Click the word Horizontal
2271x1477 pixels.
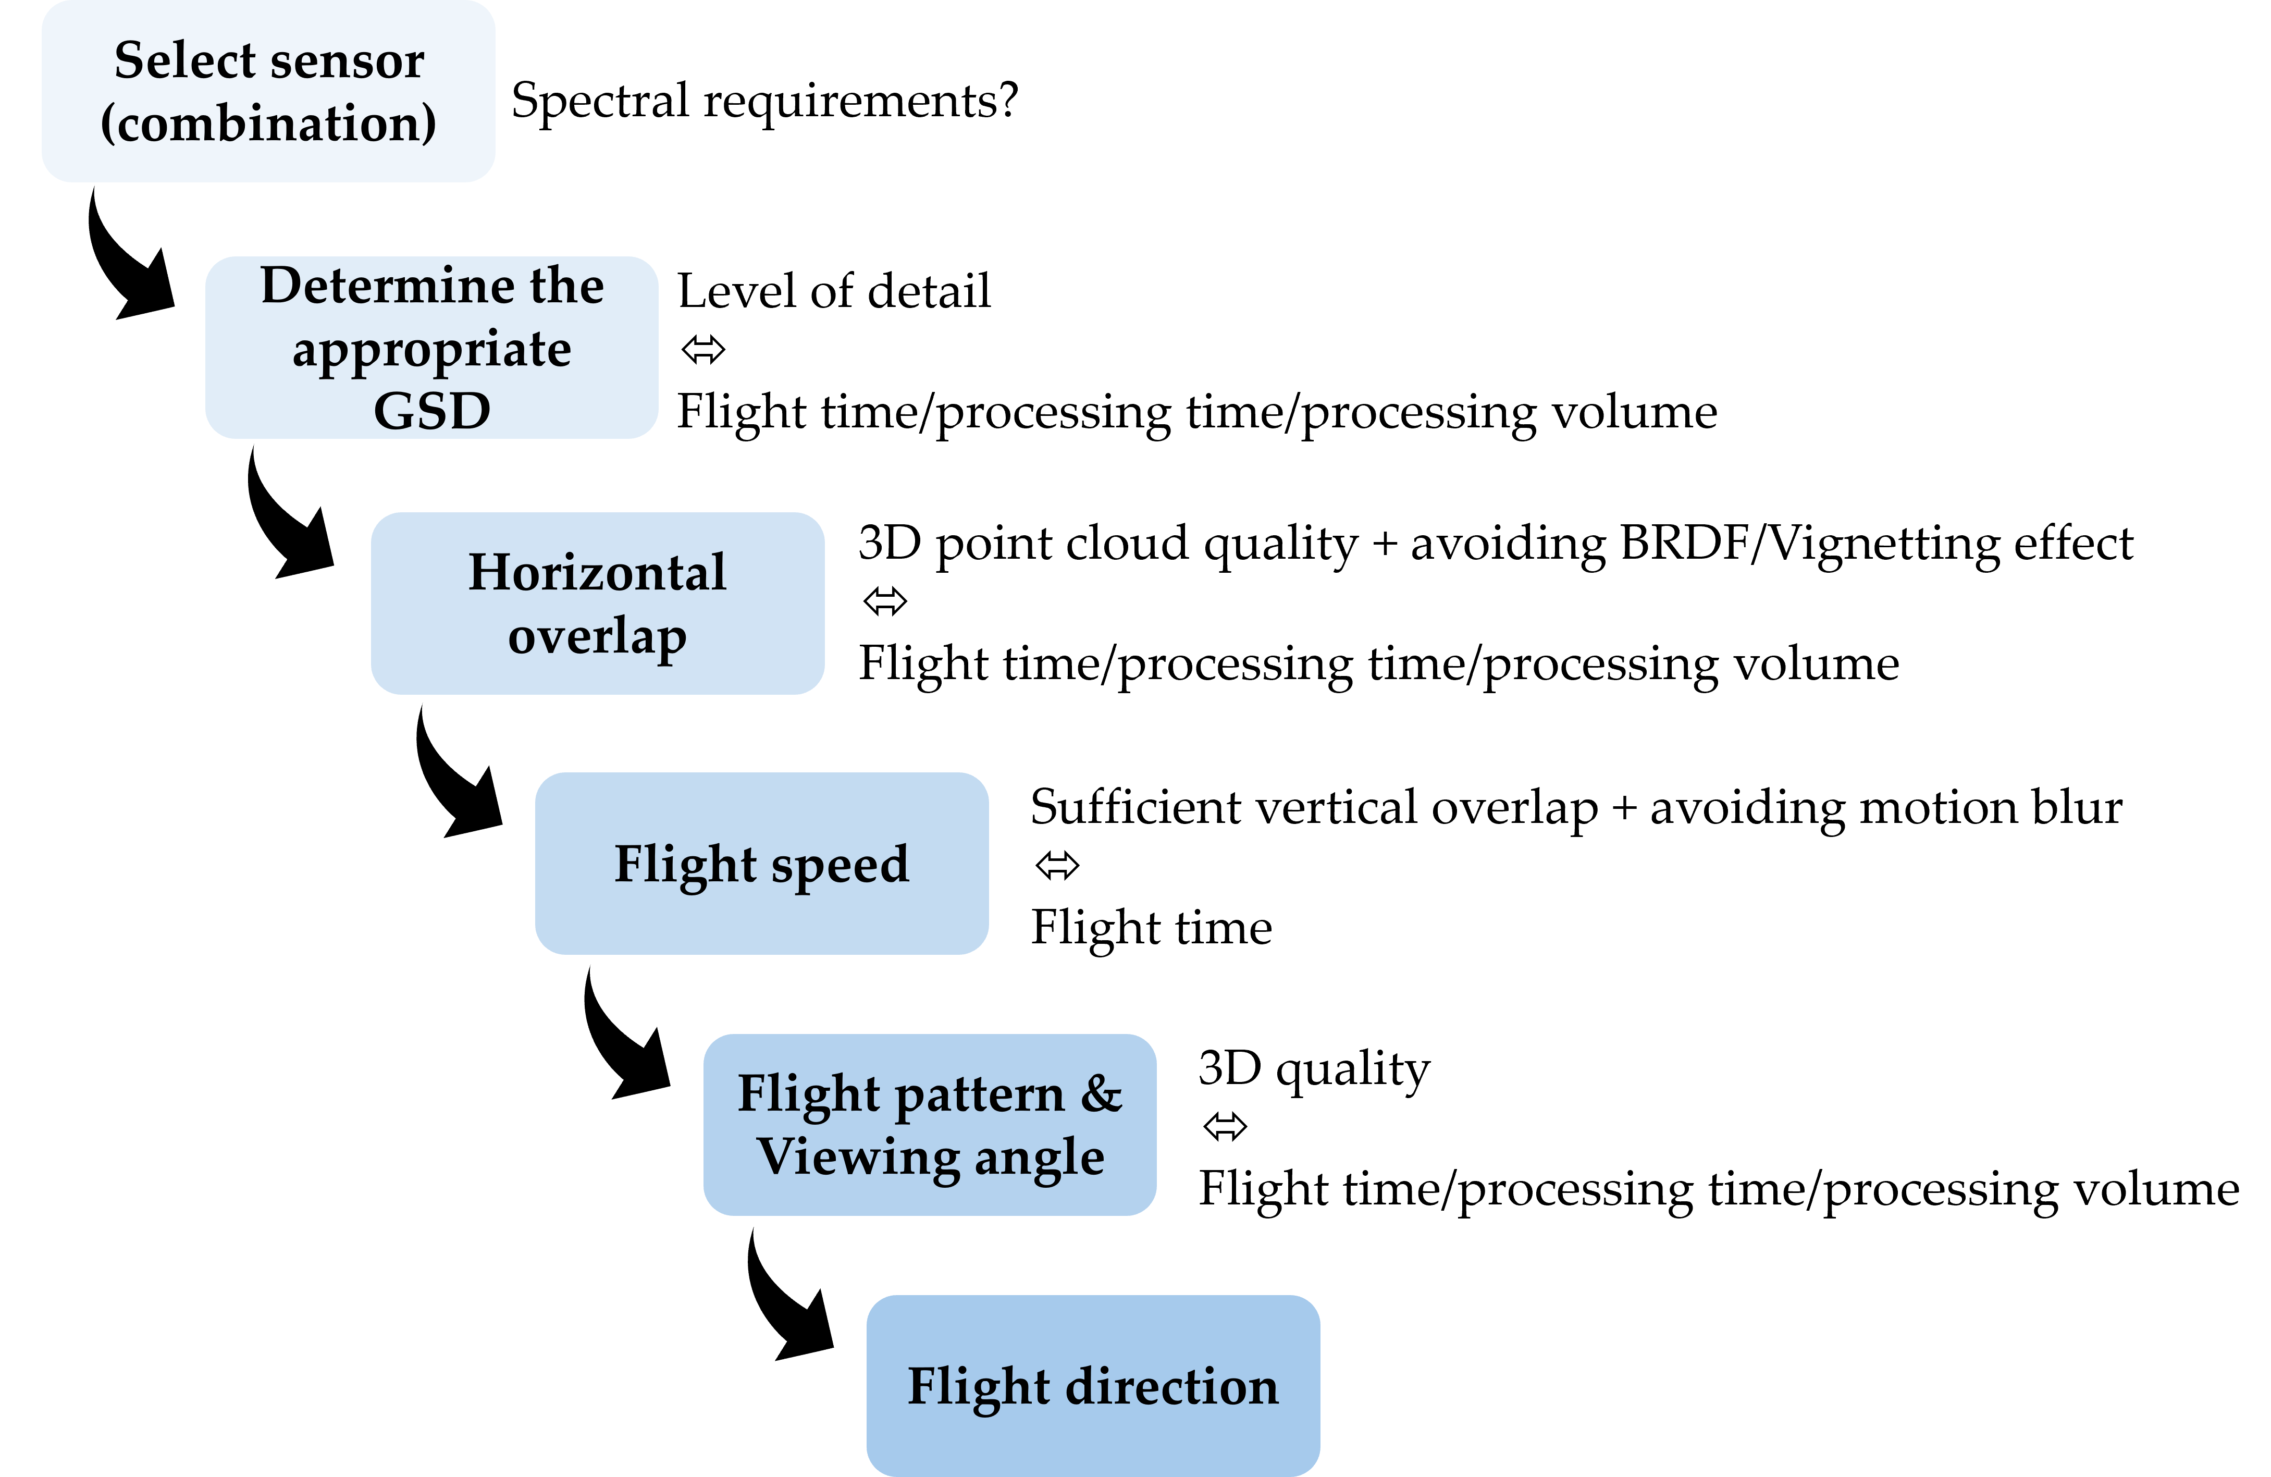[597, 572]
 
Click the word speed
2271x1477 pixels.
[840, 865]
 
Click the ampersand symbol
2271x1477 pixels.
[1101, 1093]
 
